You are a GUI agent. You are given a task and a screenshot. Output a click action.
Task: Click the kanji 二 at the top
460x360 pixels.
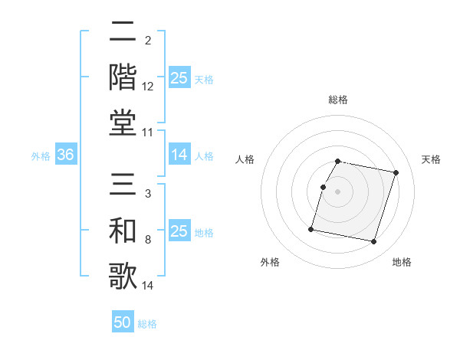123,32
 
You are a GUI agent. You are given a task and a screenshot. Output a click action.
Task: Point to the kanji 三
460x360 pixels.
123,185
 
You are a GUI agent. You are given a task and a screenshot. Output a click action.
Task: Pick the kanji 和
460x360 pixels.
123,231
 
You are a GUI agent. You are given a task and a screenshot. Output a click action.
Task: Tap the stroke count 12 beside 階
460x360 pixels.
148,87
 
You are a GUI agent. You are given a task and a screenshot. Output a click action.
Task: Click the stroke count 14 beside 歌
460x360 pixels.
148,286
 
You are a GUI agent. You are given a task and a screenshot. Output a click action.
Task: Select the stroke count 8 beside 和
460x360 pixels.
148,241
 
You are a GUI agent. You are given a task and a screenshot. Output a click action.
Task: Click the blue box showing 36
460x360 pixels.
66,155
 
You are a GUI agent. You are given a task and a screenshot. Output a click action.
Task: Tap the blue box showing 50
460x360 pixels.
123,322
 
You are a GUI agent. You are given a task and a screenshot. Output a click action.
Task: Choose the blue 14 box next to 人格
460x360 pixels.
179,155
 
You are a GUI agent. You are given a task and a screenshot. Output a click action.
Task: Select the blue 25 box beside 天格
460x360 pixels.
179,78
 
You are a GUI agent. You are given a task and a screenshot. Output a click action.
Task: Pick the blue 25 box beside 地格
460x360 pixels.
179,231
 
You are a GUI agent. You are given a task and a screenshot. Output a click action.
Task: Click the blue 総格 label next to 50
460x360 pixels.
147,324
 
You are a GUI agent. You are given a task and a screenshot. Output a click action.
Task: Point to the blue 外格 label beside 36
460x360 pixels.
41,156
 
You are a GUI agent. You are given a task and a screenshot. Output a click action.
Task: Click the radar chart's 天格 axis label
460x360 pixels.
432,159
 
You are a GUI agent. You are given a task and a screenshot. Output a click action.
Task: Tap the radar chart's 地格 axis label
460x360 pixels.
402,262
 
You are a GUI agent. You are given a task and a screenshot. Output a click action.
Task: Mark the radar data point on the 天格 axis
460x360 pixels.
396,173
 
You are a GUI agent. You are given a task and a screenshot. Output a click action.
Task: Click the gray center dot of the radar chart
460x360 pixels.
337,191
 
